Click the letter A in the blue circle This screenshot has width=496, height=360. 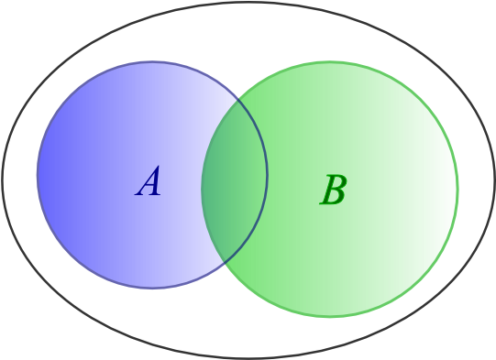(x=149, y=182)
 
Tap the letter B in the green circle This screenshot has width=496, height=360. (x=334, y=191)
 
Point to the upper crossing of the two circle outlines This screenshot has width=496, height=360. (x=238, y=98)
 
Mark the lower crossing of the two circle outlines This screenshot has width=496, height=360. (x=224, y=262)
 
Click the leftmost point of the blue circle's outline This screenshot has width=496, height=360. (x=38, y=174)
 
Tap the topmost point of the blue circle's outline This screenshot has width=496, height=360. (x=152, y=61)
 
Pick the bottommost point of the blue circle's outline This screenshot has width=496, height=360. (x=152, y=288)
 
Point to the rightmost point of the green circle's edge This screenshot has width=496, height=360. (x=457, y=190)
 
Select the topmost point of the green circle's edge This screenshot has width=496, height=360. (x=330, y=61)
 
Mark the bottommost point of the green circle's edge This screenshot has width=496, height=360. (x=330, y=317)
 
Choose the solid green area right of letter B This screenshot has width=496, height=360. (x=403, y=192)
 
